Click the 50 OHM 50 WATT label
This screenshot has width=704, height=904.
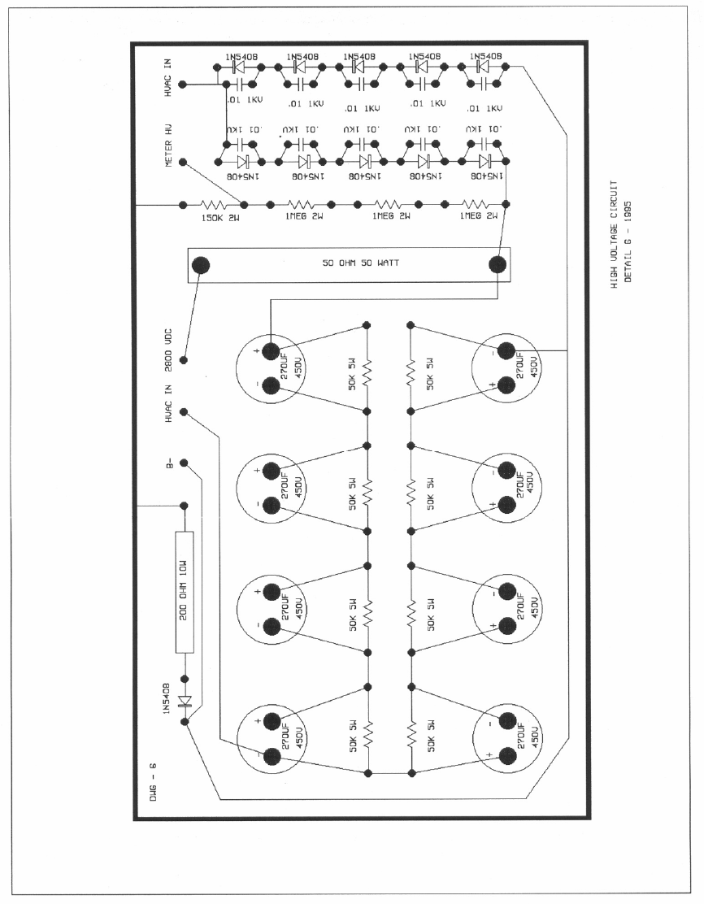coord(350,264)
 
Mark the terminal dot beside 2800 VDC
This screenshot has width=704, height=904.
coord(184,359)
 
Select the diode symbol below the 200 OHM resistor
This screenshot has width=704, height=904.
coord(185,701)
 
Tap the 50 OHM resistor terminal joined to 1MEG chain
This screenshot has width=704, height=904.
coord(497,264)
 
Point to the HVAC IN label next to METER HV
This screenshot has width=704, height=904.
coord(168,79)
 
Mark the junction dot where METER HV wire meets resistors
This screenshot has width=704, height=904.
coord(244,204)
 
